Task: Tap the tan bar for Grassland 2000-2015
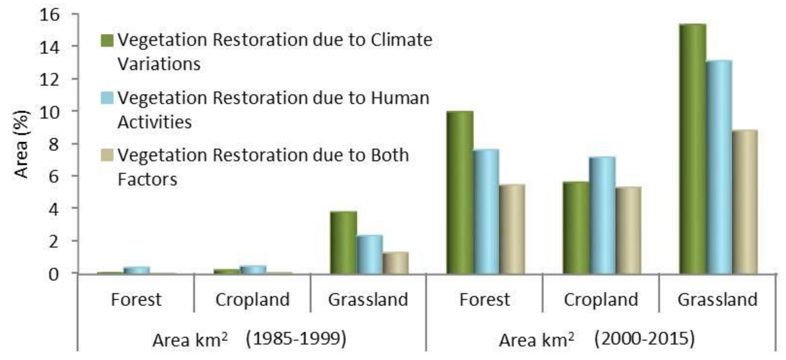pos(745,202)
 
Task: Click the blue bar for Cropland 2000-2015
pos(602,215)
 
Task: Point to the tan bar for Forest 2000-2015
pos(512,229)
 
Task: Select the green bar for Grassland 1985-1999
pos(344,242)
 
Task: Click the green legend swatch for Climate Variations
pos(107,41)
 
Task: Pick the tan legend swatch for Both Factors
pos(107,155)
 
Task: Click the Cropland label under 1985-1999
pos(252,300)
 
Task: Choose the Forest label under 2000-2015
pos(484,300)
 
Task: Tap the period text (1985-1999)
pos(296,339)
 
